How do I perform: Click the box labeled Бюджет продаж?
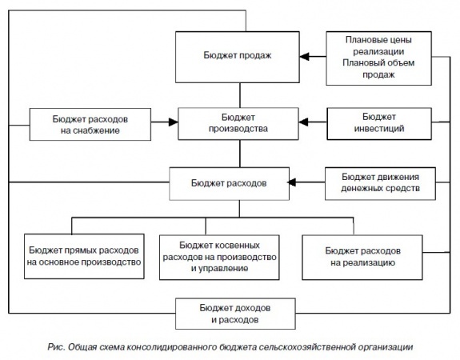click(238, 57)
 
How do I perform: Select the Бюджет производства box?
click(238, 123)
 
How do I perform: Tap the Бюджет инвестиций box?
click(379, 123)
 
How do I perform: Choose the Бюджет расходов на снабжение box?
click(90, 125)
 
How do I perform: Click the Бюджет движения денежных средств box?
click(380, 184)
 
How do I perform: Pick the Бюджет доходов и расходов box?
click(235, 314)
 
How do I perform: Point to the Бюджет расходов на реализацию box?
click(362, 258)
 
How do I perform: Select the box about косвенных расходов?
click(219, 258)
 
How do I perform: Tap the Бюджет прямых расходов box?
click(84, 256)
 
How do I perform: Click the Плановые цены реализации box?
click(378, 58)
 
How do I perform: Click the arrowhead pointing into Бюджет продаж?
click(304, 56)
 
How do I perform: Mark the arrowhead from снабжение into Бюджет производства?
click(174, 122)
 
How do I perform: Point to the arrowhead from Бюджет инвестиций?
click(303, 122)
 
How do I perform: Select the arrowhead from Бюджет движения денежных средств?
click(291, 182)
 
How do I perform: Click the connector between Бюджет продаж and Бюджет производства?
click(240, 95)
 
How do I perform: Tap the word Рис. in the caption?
click(56, 347)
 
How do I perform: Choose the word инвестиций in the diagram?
click(379, 129)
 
